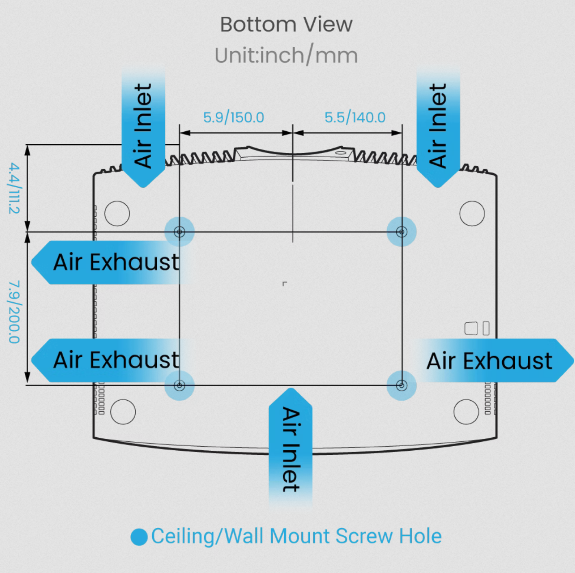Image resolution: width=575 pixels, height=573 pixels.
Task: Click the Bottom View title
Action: (286, 24)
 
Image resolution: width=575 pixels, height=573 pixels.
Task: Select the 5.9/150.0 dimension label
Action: (233, 117)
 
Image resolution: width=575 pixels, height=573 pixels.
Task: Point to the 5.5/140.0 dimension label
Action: (355, 117)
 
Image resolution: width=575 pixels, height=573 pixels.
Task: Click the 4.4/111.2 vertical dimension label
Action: (14, 188)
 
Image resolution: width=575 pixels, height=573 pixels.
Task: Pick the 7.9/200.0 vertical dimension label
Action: (14, 312)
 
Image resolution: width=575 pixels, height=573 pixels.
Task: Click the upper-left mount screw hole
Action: (179, 232)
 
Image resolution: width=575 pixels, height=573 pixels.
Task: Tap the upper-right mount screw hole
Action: (402, 232)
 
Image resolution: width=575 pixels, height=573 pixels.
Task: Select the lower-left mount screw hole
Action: (179, 385)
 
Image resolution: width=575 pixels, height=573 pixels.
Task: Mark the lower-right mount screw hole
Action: (402, 385)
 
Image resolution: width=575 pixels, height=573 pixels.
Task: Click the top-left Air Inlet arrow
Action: (143, 128)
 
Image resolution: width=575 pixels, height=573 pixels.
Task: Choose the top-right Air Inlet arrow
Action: (438, 128)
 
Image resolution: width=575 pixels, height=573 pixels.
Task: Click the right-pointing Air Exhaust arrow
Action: (495, 360)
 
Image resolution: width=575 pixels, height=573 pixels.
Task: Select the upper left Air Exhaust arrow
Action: (110, 263)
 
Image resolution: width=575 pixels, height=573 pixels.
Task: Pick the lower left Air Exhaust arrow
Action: (110, 360)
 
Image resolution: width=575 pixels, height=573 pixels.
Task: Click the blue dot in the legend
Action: (139, 537)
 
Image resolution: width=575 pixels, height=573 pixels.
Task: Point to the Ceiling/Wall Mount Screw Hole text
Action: (296, 536)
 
